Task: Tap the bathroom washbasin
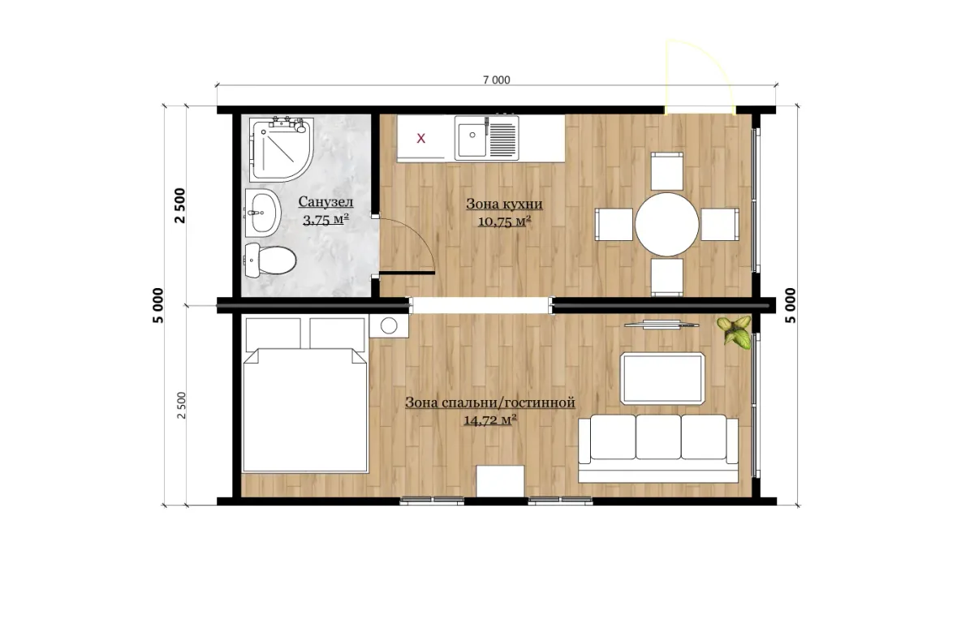click(x=263, y=213)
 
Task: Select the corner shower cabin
click(x=281, y=148)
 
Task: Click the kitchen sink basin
click(x=471, y=138)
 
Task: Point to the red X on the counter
click(x=421, y=139)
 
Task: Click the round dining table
click(x=666, y=225)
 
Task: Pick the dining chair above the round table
click(x=666, y=171)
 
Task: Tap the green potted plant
click(x=735, y=332)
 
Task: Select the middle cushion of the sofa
click(x=658, y=437)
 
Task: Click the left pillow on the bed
click(x=273, y=334)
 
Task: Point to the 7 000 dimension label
click(x=496, y=80)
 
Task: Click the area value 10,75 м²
click(x=504, y=222)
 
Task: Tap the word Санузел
click(x=325, y=202)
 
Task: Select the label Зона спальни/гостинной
click(x=490, y=402)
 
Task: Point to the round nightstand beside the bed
click(x=389, y=325)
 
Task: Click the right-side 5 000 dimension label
click(x=791, y=305)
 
